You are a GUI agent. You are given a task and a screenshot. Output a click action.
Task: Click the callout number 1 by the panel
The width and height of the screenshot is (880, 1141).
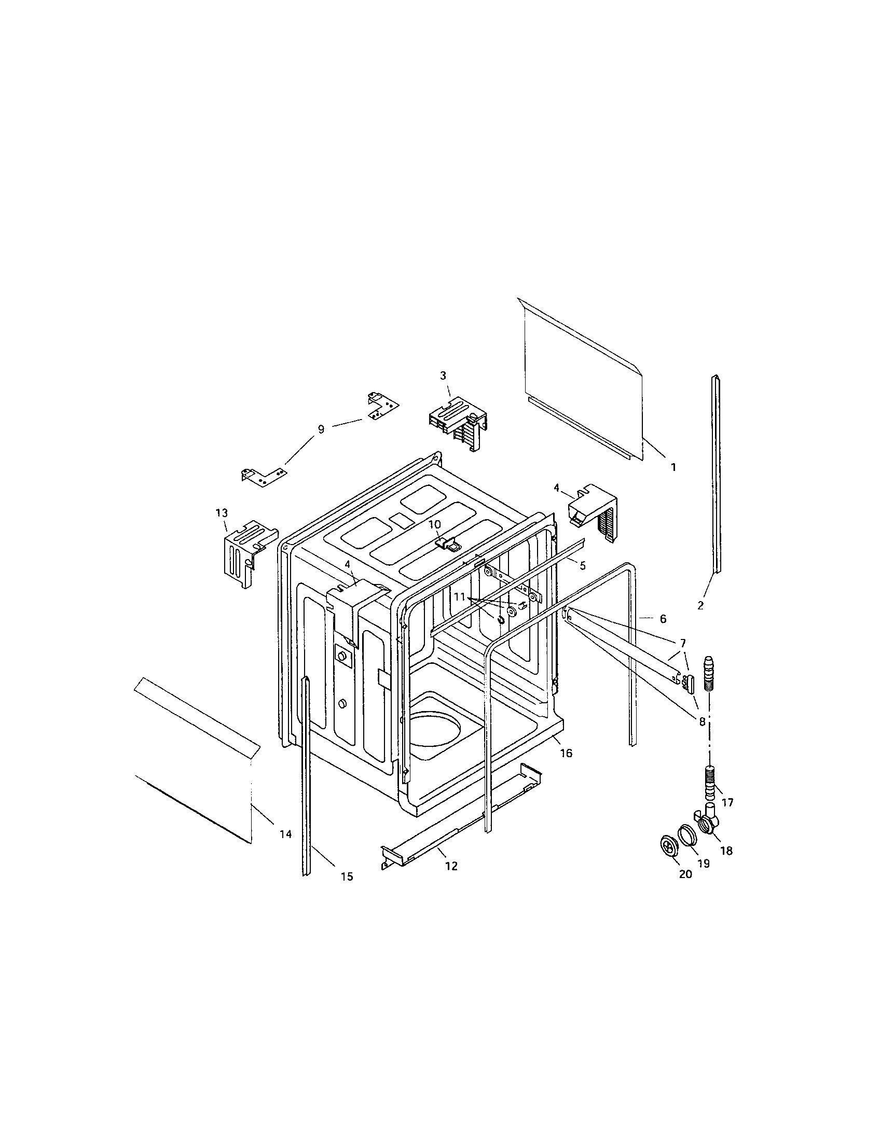(x=673, y=468)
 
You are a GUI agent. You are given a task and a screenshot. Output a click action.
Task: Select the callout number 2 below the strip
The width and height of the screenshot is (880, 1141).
(x=700, y=606)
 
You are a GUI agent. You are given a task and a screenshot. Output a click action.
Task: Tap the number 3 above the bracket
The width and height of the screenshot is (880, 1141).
(x=443, y=375)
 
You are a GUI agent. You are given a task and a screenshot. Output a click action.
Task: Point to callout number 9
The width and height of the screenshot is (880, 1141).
(x=321, y=429)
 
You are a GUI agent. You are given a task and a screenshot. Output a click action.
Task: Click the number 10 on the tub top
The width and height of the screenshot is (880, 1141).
(x=435, y=524)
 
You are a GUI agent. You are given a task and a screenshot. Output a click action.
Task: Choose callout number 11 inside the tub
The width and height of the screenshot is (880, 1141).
(x=459, y=595)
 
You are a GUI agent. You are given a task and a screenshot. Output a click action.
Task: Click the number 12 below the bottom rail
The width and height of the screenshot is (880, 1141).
(x=451, y=866)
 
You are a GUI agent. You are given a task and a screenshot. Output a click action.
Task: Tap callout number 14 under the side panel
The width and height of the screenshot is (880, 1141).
(x=285, y=835)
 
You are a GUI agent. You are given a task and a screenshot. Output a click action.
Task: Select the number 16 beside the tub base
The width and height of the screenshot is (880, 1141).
(x=566, y=753)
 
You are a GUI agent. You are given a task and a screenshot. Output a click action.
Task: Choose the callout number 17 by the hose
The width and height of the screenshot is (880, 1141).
(x=727, y=802)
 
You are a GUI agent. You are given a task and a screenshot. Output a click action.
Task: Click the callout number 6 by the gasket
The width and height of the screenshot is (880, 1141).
(x=663, y=619)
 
